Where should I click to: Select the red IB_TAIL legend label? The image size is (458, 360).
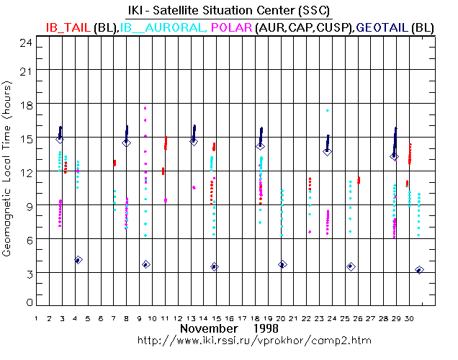click(67, 27)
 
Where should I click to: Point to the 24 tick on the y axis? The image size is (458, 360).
click(27, 42)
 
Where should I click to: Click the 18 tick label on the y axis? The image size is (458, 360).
click(27, 104)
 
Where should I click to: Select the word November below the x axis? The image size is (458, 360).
click(209, 328)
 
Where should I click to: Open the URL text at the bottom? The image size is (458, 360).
click(228, 339)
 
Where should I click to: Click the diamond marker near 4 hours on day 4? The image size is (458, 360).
click(78, 260)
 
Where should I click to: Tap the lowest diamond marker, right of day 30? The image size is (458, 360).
click(420, 270)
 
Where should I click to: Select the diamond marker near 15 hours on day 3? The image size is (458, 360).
click(60, 139)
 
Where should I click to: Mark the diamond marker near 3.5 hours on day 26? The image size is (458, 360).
click(351, 266)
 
